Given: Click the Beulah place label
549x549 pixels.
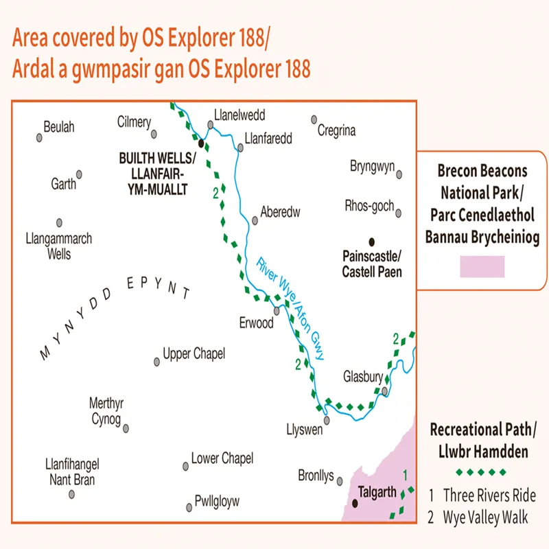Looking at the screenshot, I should [x=58, y=127].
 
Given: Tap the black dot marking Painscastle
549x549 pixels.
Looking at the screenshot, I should [x=372, y=242].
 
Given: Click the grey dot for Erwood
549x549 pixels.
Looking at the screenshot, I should [x=277, y=310].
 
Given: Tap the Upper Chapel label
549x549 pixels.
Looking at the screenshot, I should [x=194, y=354].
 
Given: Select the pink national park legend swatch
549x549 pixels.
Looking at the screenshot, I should [x=482, y=266].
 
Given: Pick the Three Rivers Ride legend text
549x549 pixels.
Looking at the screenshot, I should [x=489, y=495].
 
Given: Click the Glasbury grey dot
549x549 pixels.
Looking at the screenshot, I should [x=386, y=391].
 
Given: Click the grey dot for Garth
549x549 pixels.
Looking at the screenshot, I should [x=79, y=174].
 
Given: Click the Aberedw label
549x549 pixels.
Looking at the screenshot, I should [x=281, y=212].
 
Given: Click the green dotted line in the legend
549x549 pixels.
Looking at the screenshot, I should [x=482, y=472].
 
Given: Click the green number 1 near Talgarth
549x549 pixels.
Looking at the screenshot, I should [x=405, y=474].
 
